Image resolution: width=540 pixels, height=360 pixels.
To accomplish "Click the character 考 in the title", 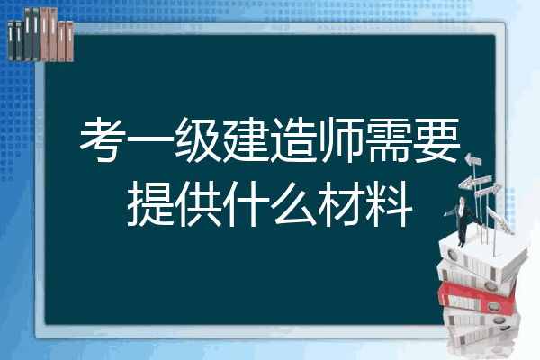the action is tap(103, 139).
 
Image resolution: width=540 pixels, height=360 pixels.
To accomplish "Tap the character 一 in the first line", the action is tap(151, 140).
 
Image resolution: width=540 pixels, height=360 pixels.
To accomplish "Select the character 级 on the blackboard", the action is tap(198, 139).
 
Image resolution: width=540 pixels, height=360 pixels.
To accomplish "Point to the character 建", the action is tap(246, 139).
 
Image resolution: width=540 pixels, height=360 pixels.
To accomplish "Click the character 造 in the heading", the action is tap(293, 139).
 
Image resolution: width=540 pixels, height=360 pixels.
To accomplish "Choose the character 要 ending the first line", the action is tap(436, 139).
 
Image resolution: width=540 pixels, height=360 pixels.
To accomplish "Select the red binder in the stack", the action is tap(477, 298).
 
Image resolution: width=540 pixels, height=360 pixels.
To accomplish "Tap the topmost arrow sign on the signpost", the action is tap(472, 160).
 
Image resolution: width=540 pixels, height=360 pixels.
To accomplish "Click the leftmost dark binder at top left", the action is tap(11, 40).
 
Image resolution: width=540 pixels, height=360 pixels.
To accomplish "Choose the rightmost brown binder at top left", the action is tap(70, 41).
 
